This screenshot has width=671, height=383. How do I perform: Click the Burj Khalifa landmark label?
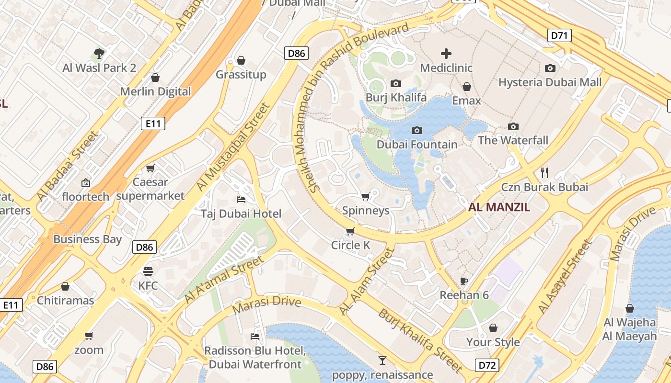click(396, 98)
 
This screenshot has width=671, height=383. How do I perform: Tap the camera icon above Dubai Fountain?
click(417, 130)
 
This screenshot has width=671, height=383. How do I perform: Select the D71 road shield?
click(559, 35)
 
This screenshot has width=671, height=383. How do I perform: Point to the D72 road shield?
click(487, 365)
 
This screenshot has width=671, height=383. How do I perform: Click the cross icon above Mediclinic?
click(446, 53)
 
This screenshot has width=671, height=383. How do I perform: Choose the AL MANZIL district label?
click(499, 207)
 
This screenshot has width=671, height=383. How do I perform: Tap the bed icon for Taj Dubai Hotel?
click(241, 199)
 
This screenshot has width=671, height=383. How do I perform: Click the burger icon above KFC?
click(148, 271)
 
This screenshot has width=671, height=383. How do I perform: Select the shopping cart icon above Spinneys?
click(365, 196)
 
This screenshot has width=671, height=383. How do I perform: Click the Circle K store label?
click(350, 246)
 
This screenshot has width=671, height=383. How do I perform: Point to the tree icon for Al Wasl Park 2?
click(99, 53)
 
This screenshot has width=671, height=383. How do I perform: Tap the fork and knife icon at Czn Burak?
click(544, 172)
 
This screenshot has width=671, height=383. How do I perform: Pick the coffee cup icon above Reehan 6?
click(463, 281)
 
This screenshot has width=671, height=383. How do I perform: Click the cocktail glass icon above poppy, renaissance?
click(382, 360)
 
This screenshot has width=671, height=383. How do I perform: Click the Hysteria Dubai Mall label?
click(550, 82)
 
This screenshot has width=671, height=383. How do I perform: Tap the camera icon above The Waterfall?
click(513, 126)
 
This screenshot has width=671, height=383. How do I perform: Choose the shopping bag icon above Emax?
click(466, 87)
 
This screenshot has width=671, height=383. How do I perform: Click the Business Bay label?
click(88, 239)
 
